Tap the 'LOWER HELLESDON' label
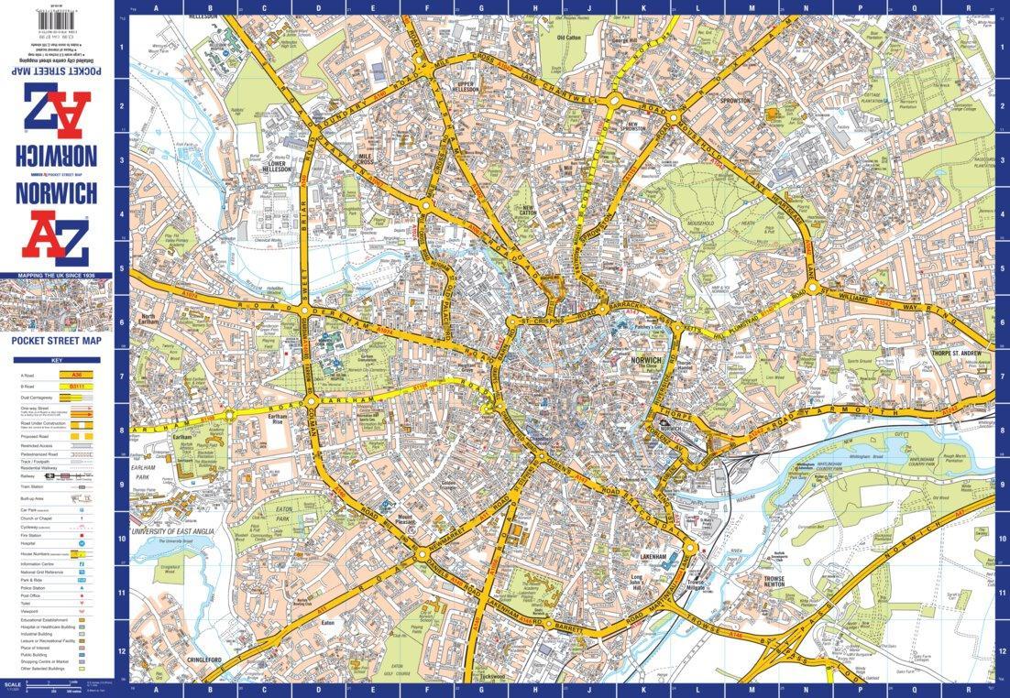click(x=278, y=166)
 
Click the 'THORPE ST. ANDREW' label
click(x=959, y=352)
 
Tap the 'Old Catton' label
click(x=569, y=38)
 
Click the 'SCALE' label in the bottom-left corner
click(x=12, y=683)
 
